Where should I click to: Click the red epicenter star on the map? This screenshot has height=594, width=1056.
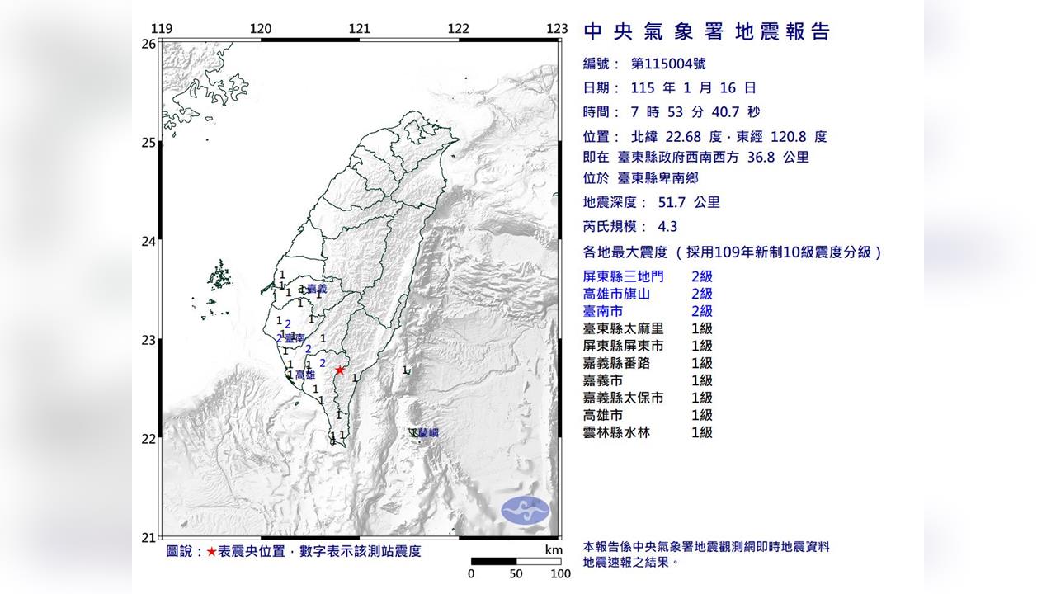coord(339,370)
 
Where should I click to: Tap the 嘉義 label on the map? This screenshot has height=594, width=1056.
coord(317,289)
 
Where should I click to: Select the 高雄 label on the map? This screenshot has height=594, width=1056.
coord(305,375)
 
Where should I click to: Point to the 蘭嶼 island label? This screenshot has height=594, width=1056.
coord(427,433)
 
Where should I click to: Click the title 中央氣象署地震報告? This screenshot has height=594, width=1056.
coord(706,32)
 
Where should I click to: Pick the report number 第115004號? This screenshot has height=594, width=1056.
coord(668,64)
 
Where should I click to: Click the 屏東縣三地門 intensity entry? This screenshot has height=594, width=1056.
coord(623,276)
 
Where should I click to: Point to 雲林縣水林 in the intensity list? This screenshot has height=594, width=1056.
coord(617,432)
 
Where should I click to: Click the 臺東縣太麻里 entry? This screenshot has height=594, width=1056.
coord(623,328)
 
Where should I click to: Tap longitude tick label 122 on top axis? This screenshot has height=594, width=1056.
coord(458,29)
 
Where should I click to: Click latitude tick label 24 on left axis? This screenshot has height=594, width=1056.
coord(148,242)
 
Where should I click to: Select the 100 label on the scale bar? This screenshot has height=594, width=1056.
coord(560,574)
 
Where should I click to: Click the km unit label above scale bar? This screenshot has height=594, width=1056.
coord(554,550)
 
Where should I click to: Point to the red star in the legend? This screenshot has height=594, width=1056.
coord(213,551)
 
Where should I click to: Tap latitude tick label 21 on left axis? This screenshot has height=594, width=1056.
coord(148,538)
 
